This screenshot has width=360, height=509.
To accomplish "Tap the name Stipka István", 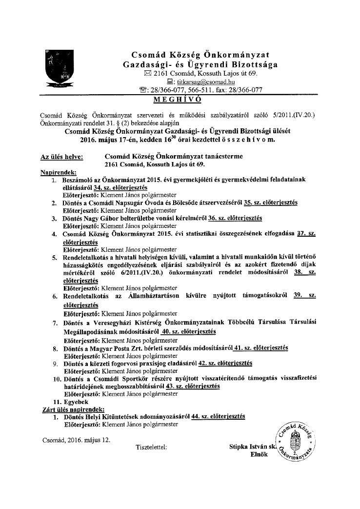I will coord(249,447).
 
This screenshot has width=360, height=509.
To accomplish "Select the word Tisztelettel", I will coord(152,447).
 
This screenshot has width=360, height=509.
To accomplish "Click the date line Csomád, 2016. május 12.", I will coord(76,439).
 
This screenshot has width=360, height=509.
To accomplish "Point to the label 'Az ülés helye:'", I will coord(61,157).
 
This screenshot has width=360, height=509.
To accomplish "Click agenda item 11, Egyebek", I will coord(76,401).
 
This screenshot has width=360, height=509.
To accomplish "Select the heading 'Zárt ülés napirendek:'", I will coord(74,409).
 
